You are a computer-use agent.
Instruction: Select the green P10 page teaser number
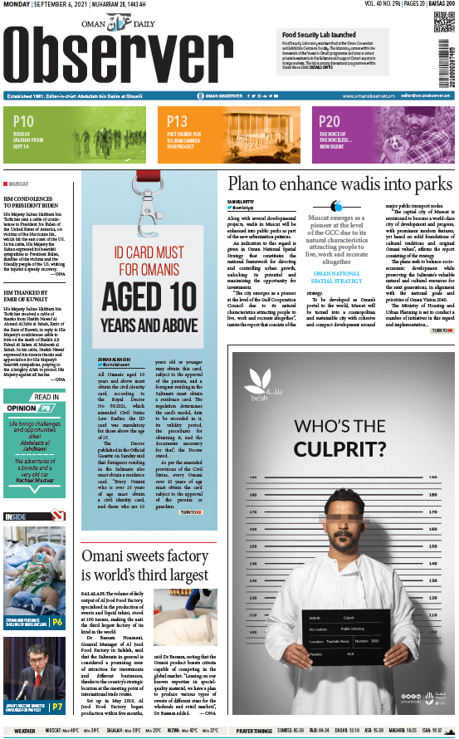click(23, 121)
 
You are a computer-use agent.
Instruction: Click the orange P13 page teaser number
click(177, 121)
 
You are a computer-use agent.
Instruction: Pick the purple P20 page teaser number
click(330, 121)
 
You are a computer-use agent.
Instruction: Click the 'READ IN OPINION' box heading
click(33, 403)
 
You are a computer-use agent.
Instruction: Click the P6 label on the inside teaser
click(57, 621)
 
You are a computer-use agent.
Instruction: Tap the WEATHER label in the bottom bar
click(25, 731)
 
